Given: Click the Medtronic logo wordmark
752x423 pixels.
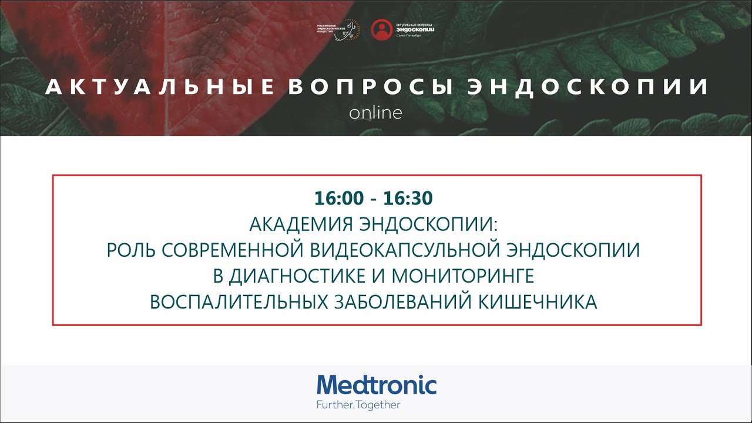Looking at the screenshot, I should (x=377, y=385).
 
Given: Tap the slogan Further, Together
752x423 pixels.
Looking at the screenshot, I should (x=358, y=405).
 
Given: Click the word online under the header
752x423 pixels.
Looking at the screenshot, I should (x=375, y=112).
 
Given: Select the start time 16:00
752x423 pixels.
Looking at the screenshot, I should (x=339, y=199).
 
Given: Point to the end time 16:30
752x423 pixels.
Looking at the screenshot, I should (x=408, y=199).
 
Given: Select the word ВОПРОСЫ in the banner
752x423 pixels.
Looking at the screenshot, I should (x=370, y=88).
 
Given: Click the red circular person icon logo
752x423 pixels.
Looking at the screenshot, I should (x=382, y=30).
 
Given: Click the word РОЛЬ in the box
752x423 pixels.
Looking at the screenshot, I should (x=130, y=250).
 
